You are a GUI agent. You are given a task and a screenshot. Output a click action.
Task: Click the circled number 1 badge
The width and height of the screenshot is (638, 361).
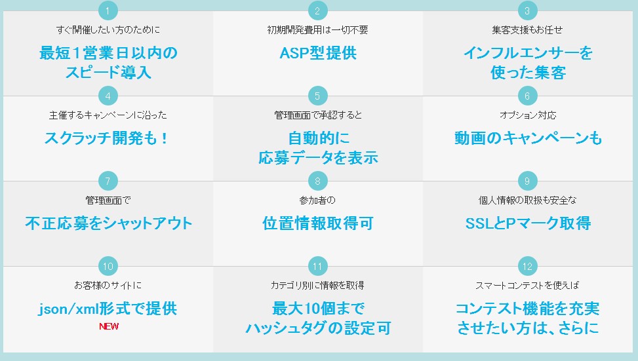tap(108, 10)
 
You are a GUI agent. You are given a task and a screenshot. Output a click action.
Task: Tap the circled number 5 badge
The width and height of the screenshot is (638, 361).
tap(318, 96)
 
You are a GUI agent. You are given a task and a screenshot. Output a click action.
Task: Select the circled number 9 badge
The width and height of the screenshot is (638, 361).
tap(527, 181)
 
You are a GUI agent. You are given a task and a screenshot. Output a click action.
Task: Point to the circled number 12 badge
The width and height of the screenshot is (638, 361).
tap(527, 266)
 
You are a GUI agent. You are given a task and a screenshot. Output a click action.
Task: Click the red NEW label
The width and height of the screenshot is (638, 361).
tap(109, 326)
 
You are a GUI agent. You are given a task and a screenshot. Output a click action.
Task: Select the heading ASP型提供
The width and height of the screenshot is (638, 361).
tap(318, 53)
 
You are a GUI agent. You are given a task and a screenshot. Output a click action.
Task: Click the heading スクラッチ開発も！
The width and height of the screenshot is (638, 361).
tap(106, 138)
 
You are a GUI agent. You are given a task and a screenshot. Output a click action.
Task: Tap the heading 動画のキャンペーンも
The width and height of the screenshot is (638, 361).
tap(528, 138)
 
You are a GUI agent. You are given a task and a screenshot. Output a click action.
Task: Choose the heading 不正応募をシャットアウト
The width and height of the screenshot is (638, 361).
tap(108, 223)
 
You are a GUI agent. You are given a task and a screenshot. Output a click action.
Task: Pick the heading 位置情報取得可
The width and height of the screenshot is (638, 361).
tap(318, 223)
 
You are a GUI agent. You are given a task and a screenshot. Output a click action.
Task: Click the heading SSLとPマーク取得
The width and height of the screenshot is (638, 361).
tap(528, 223)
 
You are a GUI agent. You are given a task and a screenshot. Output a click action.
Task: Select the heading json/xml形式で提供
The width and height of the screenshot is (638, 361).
tap(108, 309)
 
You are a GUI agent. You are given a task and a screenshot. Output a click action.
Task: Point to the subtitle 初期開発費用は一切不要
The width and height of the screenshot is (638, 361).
tap(318, 29)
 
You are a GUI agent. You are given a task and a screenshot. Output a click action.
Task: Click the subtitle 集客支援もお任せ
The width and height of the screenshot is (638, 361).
tap(527, 29)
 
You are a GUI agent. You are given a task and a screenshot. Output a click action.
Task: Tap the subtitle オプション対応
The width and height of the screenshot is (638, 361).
tap(528, 115)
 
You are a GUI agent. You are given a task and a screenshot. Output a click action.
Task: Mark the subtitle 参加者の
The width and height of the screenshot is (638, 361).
tap(317, 200)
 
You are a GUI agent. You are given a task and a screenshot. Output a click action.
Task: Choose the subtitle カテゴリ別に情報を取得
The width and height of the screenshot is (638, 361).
tap(317, 286)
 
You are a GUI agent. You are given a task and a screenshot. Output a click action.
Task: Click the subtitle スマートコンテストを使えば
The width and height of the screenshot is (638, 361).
tap(527, 286)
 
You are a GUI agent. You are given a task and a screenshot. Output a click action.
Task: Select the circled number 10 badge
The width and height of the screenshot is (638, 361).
tap(108, 266)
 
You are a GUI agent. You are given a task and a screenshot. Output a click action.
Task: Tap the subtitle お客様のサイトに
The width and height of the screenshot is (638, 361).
tap(108, 286)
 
